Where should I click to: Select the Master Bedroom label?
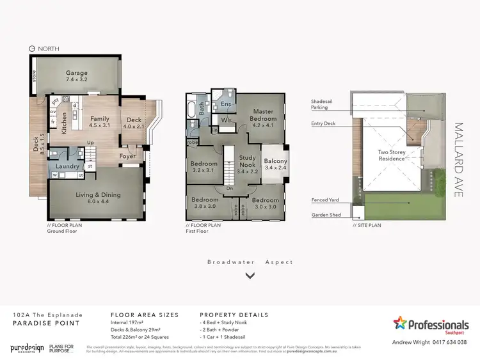pyautogui.click(x=262, y=116)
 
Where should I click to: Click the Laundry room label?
pyautogui.click(x=68, y=167)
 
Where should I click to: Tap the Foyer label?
pyautogui.click(x=127, y=155)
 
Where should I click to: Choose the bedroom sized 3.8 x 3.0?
pyautogui.click(x=205, y=203)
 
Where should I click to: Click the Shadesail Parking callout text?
pyautogui.click(x=324, y=104)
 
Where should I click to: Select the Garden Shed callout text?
pyautogui.click(x=324, y=215)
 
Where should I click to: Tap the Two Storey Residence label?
pyautogui.click(x=391, y=155)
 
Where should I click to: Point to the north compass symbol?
pyautogui.click(x=32, y=49)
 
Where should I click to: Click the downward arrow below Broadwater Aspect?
pyautogui.click(x=250, y=276)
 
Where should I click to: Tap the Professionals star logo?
pyautogui.click(x=400, y=322)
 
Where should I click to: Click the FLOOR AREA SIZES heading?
pyautogui.click(x=145, y=315)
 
